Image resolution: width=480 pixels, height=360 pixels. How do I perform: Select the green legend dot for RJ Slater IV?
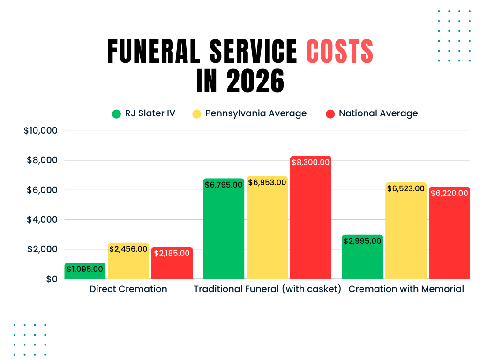click(x=117, y=113)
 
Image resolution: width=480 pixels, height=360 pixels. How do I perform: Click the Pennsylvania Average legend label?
click(x=256, y=113)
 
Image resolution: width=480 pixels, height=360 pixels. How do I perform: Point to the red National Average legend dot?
click(x=330, y=113)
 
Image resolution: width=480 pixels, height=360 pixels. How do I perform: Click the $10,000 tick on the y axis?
click(x=40, y=131)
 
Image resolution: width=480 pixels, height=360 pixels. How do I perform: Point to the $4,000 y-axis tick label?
click(x=42, y=219)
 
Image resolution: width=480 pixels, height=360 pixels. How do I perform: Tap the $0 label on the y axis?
click(x=52, y=279)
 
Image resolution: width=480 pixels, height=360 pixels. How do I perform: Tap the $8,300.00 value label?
click(x=311, y=162)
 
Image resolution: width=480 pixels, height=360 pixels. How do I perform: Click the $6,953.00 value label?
click(x=267, y=182)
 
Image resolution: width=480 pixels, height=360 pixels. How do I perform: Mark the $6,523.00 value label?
click(x=406, y=188)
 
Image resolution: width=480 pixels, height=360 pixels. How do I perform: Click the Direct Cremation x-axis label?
click(x=128, y=289)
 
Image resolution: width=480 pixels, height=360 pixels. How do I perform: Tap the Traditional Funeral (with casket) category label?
click(x=268, y=289)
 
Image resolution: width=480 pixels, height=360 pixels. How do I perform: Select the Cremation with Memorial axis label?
click(x=406, y=289)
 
